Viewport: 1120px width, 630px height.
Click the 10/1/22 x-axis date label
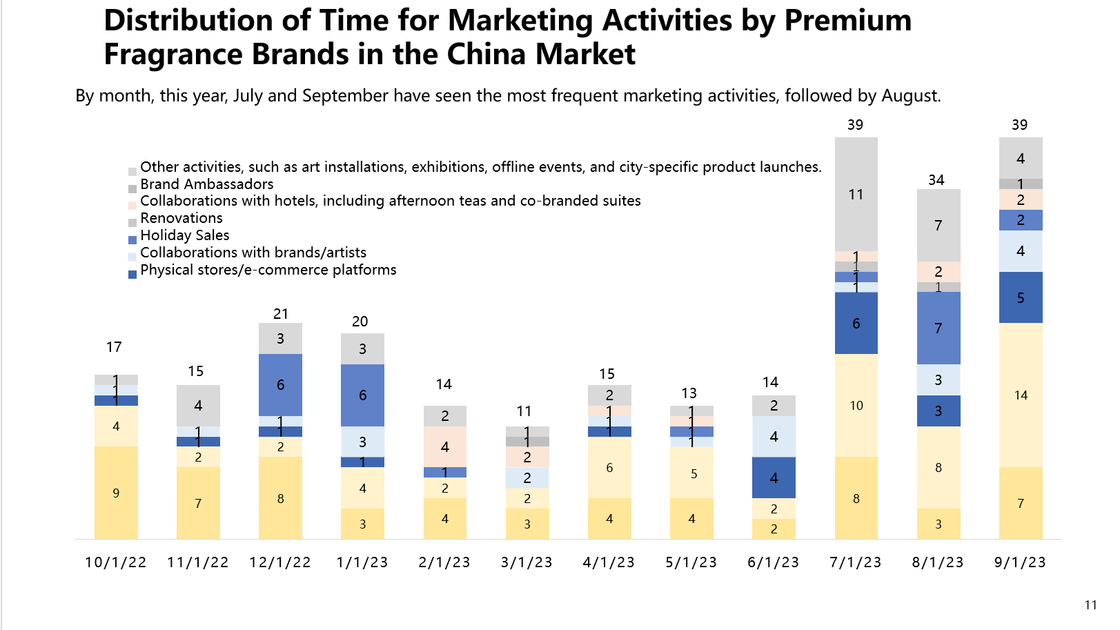[115, 562]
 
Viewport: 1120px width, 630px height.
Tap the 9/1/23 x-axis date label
[1020, 562]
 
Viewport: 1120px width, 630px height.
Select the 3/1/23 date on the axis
[527, 562]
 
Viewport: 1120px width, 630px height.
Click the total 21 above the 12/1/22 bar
[280, 314]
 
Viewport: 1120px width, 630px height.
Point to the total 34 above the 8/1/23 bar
[936, 180]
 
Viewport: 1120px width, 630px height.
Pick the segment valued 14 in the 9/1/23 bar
[1021, 395]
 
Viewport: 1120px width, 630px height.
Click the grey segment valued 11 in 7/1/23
[856, 195]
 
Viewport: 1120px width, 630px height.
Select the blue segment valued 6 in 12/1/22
[280, 385]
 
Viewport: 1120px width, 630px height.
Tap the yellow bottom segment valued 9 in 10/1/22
[116, 493]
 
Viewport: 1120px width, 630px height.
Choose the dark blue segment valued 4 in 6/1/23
[774, 478]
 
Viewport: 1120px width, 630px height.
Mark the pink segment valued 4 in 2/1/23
[444, 446]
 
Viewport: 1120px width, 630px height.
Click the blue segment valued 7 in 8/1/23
[938, 328]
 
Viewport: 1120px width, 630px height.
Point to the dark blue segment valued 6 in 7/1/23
[856, 323]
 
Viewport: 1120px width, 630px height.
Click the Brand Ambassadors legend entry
[206, 184]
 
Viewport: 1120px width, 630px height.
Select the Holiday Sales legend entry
[184, 235]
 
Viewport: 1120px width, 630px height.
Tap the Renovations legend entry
[181, 218]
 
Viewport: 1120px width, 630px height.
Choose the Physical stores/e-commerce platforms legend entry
[268, 270]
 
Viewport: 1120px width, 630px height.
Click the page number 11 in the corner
[1090, 605]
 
